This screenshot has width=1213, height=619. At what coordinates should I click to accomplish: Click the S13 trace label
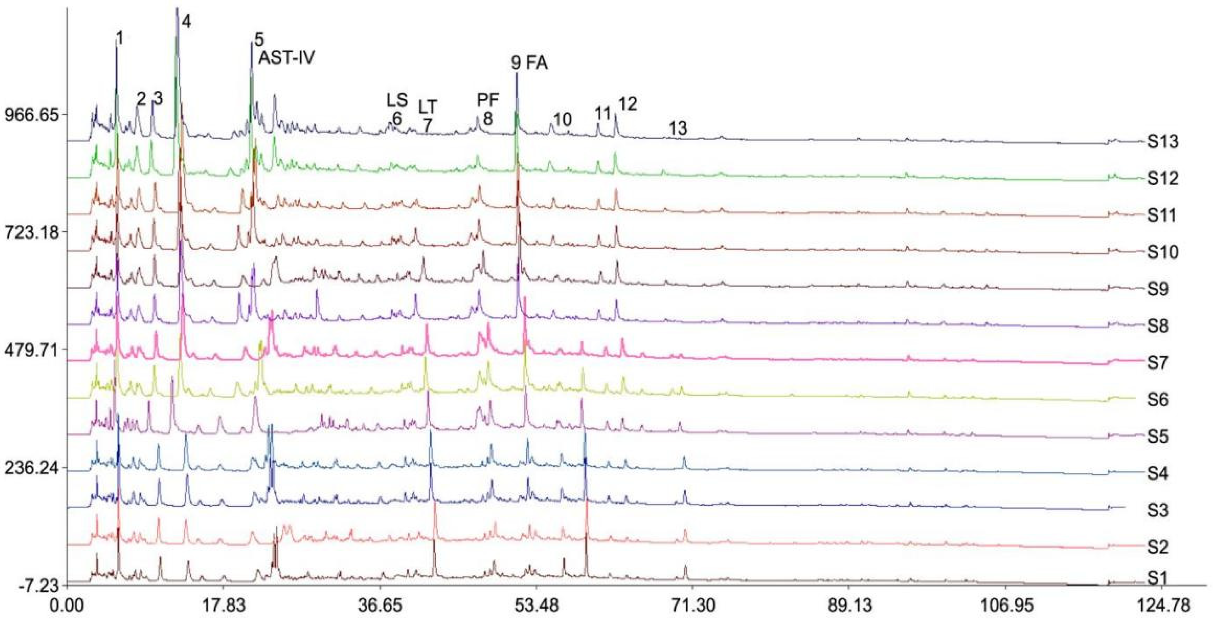click(x=1162, y=142)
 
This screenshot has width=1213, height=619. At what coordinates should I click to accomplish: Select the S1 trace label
click(x=1162, y=578)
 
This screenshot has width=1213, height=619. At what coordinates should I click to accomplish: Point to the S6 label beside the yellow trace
click(x=1162, y=400)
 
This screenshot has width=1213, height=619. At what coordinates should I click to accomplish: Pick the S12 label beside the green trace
click(x=1162, y=178)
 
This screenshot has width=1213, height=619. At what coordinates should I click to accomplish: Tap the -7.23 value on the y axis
click(x=39, y=586)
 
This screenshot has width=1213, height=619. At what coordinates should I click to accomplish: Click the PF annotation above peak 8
click(x=488, y=100)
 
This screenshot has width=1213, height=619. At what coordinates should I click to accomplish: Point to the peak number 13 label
click(x=678, y=128)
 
